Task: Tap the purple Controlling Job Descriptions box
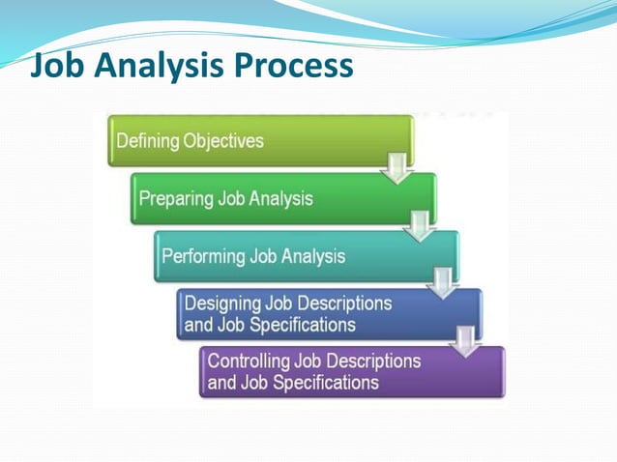pos(352,372)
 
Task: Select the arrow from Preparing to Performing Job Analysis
pos(421,226)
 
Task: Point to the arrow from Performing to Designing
pos(444,284)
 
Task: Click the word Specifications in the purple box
pos(324,383)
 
